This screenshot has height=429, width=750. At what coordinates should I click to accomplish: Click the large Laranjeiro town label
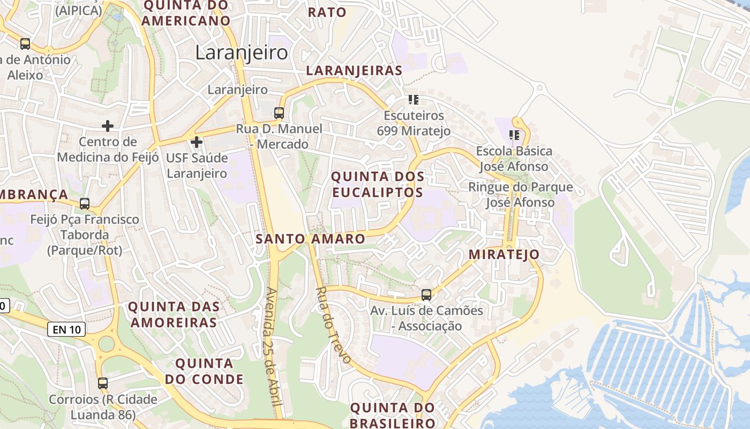[241, 53]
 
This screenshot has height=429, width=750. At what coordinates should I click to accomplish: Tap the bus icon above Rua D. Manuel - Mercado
[279, 113]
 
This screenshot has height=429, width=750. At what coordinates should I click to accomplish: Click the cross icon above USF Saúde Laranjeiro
[197, 142]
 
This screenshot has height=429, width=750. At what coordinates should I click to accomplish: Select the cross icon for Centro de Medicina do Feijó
[108, 126]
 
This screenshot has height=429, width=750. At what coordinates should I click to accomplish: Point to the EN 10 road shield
[66, 329]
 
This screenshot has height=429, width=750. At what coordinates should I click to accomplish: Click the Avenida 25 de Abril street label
[274, 352]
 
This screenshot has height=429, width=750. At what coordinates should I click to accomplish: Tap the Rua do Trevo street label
[333, 325]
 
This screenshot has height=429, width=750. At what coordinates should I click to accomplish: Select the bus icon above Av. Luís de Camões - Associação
[426, 294]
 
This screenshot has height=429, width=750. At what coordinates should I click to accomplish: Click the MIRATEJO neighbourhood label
[504, 255]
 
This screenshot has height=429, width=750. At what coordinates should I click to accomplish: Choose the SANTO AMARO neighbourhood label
[310, 239]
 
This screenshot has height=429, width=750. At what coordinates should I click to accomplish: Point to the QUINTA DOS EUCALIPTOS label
[378, 184]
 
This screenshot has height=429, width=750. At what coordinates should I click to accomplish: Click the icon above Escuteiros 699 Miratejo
[413, 100]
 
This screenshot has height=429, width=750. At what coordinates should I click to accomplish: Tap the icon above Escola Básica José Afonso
[514, 135]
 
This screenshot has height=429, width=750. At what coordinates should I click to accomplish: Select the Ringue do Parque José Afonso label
[520, 195]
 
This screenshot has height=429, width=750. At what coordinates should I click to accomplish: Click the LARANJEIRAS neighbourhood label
[354, 70]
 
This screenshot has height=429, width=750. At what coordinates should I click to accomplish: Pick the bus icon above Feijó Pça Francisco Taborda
[85, 204]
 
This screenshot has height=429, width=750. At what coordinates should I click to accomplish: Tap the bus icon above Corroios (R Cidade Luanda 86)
[102, 383]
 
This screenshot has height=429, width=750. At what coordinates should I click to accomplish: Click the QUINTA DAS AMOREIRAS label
[174, 314]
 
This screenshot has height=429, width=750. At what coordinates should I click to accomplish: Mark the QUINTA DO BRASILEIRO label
[393, 415]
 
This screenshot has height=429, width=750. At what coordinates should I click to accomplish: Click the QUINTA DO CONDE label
[204, 371]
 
